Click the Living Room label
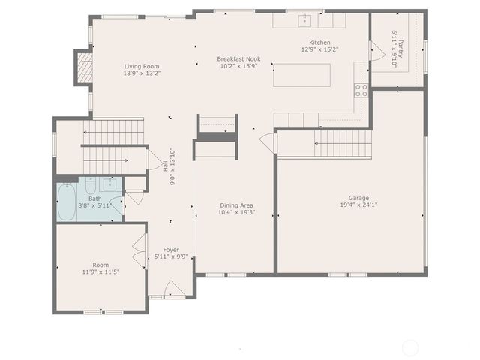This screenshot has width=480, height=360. pos(142,66)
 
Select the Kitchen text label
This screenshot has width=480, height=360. pos(319,43)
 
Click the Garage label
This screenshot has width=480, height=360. pos(349,197)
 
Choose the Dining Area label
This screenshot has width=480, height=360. pos(235,205)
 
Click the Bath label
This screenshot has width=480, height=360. pos(95,199)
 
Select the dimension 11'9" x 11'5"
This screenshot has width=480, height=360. pos(100,272)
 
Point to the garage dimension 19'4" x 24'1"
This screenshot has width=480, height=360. pos(349,205)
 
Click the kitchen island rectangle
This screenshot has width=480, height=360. pos(302,75)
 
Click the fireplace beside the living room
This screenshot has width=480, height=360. pos(83,67)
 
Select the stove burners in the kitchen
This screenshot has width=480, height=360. pos(361,90)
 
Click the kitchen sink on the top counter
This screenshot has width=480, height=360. pos(305,19)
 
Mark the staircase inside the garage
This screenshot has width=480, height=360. pos(343,142)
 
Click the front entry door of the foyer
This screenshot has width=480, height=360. pos(172,289)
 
